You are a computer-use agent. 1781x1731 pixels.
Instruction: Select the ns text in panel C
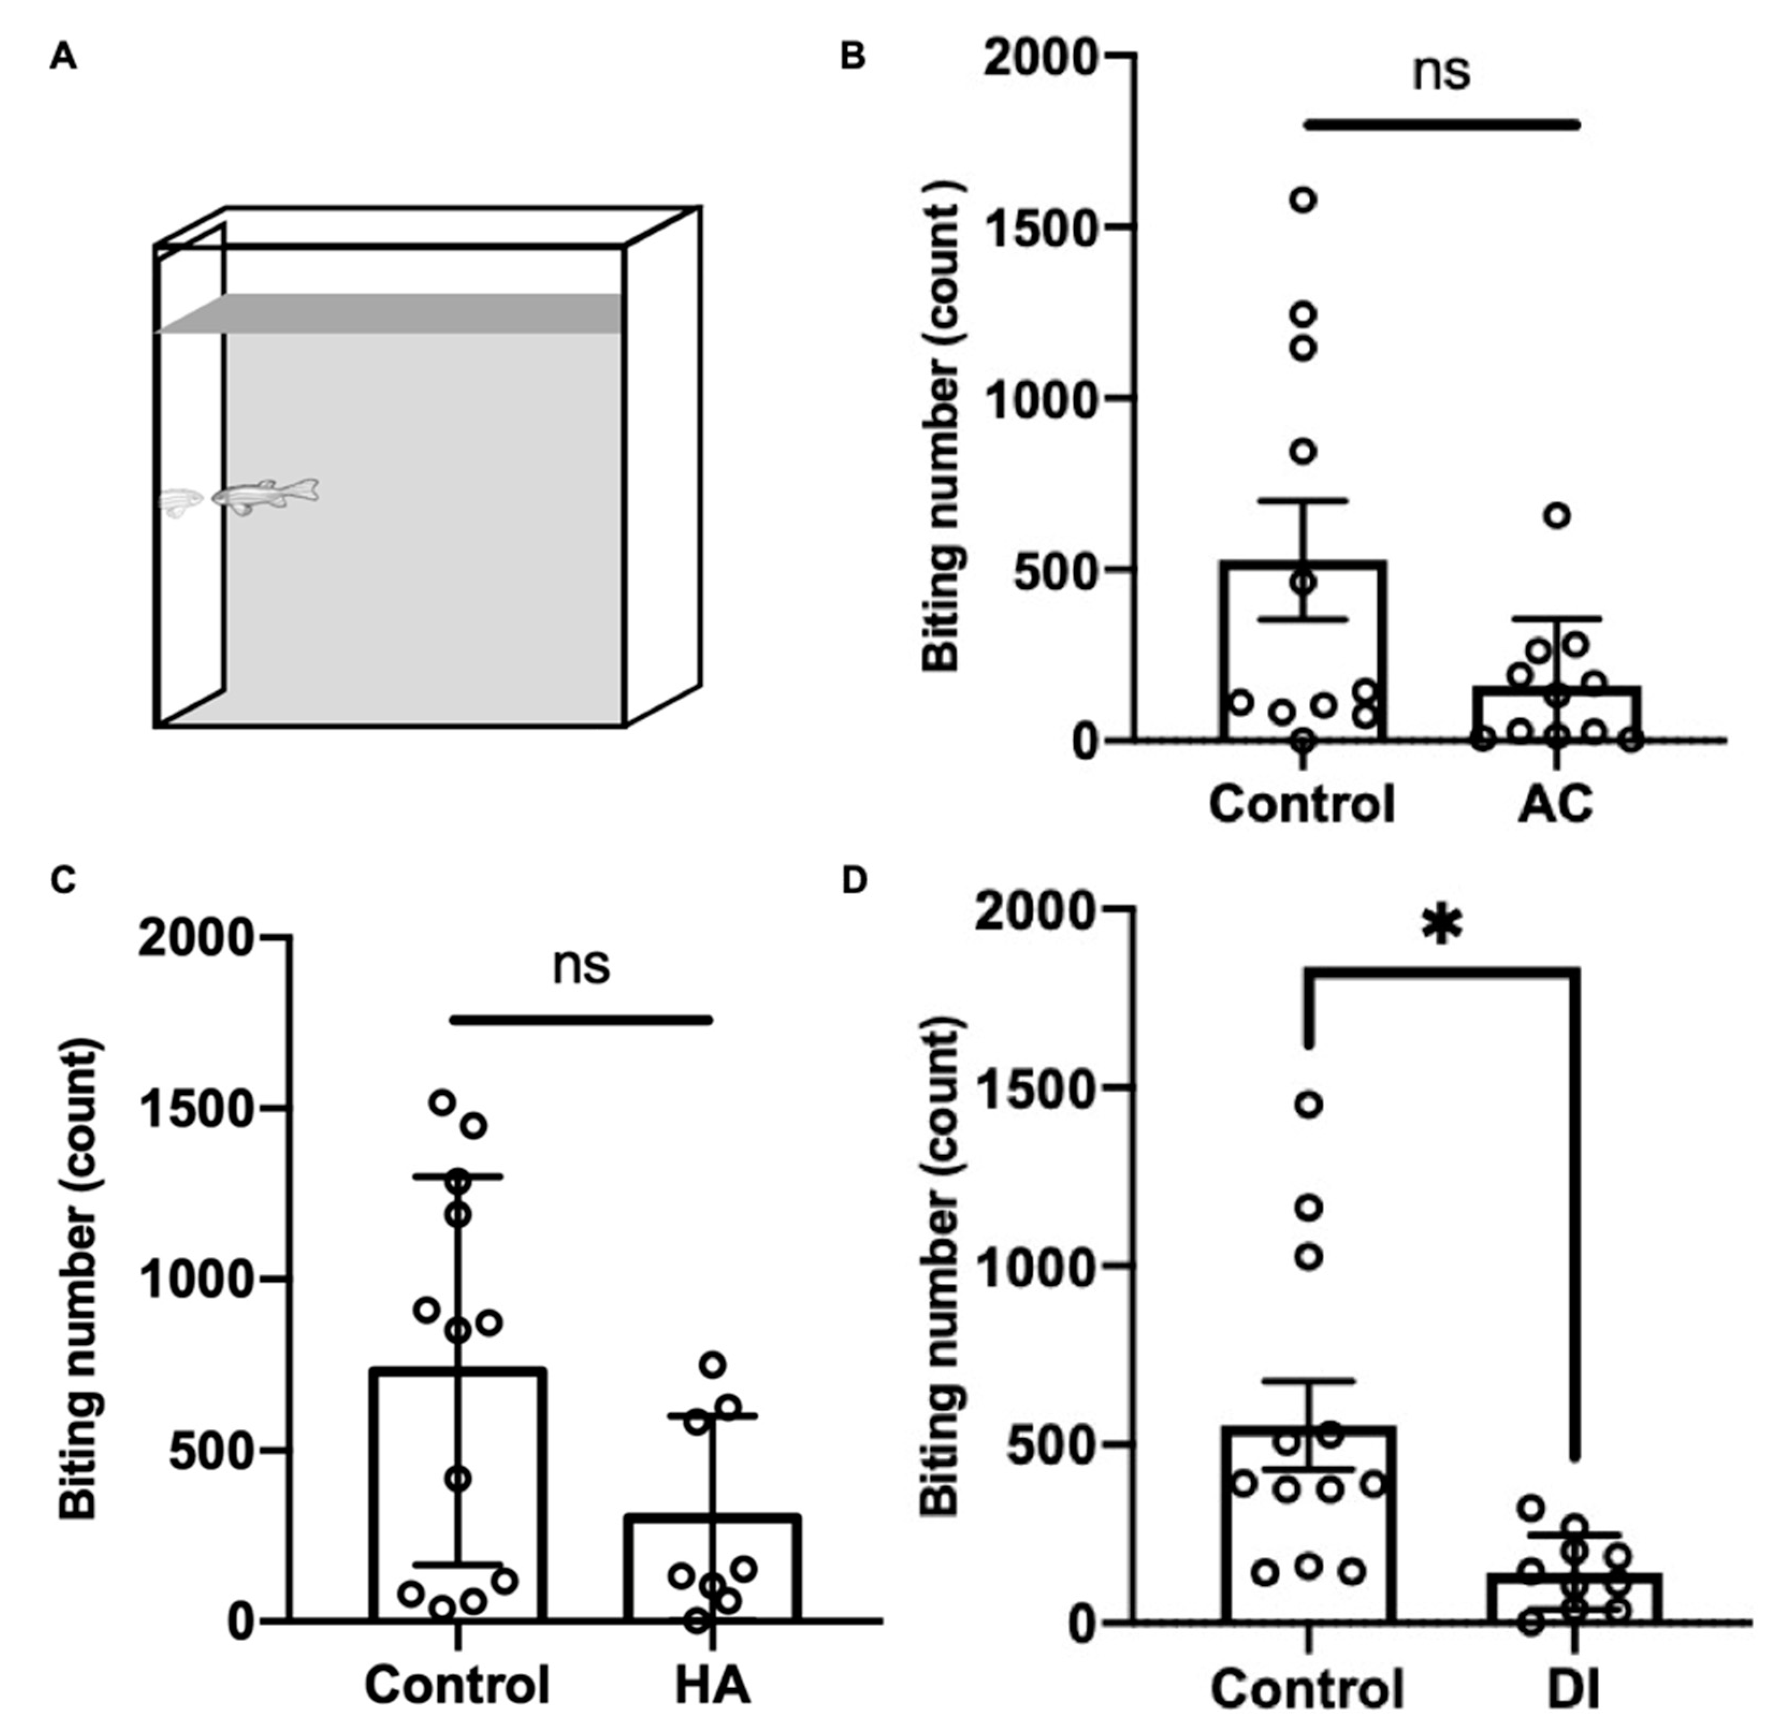pyautogui.click(x=581, y=967)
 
